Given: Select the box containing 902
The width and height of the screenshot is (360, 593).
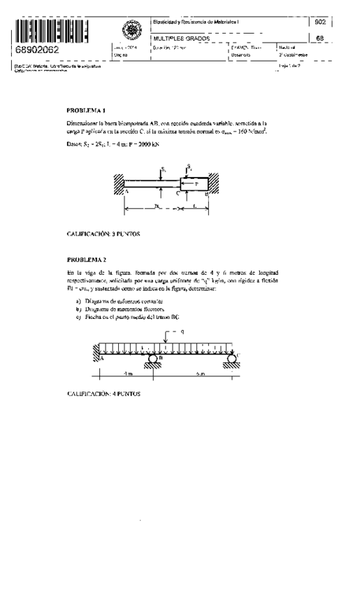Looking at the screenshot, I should pyautogui.click(x=320, y=23).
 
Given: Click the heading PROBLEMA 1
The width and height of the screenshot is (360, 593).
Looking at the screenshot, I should pyautogui.click(x=86, y=110).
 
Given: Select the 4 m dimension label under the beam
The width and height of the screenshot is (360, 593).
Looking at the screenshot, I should pyautogui.click(x=123, y=374).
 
